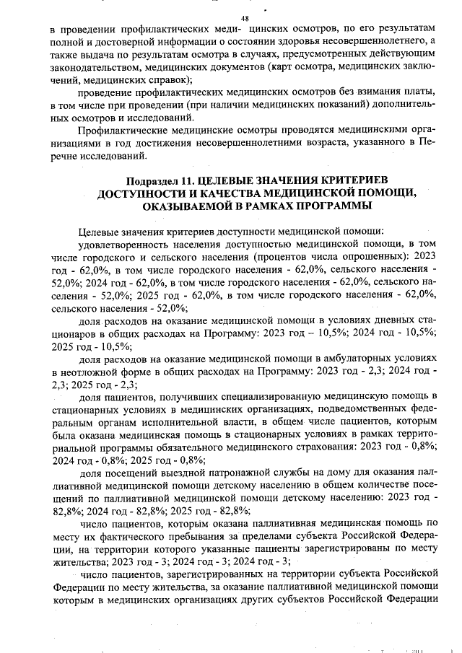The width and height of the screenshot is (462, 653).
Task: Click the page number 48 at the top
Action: pyautogui.click(x=245, y=18)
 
